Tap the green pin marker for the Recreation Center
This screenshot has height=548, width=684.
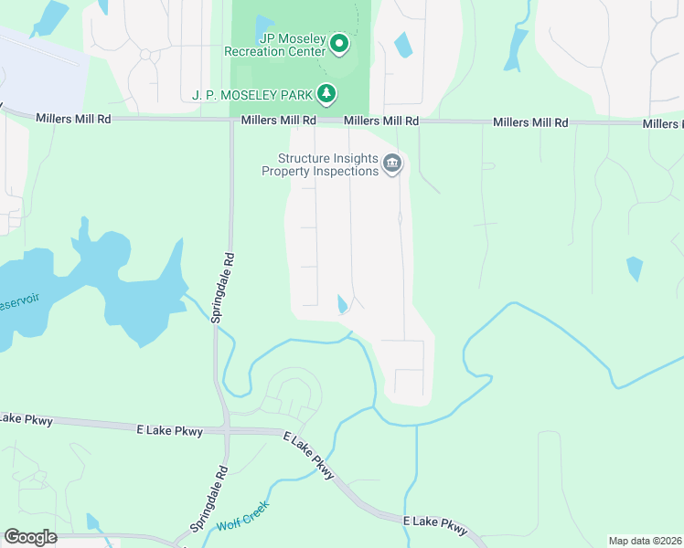coord(339,43)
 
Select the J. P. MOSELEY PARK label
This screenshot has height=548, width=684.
coord(253,94)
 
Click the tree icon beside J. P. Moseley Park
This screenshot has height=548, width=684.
coord(326,93)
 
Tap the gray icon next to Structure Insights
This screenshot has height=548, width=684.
coord(393,164)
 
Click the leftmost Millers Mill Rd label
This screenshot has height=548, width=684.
coord(73,119)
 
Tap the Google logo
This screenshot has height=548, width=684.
coord(30,537)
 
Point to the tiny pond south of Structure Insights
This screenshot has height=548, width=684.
coord(343,304)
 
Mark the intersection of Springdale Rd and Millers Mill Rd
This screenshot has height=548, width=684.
coord(231,120)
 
